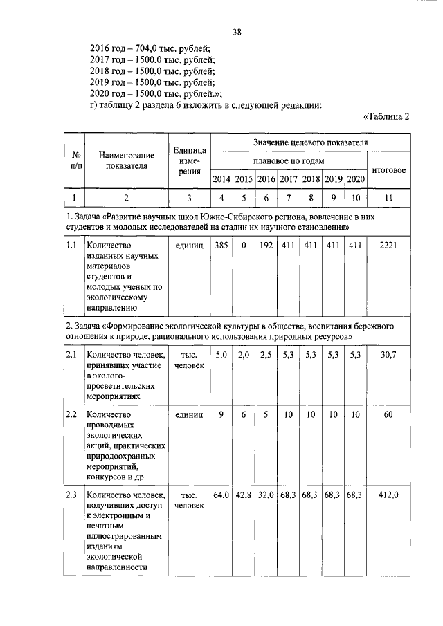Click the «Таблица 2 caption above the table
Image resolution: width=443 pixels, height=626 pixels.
pyautogui.click(x=386, y=116)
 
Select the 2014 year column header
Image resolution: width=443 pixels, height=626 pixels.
pyautogui.click(x=221, y=180)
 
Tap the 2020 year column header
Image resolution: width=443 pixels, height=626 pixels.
pyautogui.click(x=355, y=180)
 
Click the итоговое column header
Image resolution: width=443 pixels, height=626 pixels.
pyautogui.click(x=389, y=170)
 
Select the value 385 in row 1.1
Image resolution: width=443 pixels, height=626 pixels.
pyautogui.click(x=221, y=245)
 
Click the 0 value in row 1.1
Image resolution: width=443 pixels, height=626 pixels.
pyautogui.click(x=244, y=245)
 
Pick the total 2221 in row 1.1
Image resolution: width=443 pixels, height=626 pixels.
pyautogui.click(x=389, y=245)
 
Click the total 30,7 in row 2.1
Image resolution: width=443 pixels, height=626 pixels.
pyautogui.click(x=389, y=355)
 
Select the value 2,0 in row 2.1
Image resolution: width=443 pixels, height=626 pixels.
pyautogui.click(x=244, y=355)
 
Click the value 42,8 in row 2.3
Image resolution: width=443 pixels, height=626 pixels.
pyautogui.click(x=244, y=495)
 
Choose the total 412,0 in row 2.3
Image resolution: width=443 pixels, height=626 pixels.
pyautogui.click(x=389, y=495)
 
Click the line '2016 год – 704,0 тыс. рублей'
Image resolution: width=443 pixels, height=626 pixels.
pyautogui.click(x=150, y=48)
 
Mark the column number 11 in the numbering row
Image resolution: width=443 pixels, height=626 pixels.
pyautogui.click(x=389, y=198)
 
